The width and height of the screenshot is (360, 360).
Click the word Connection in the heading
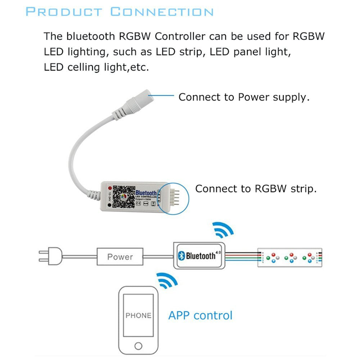pyautogui.click(x=162, y=12)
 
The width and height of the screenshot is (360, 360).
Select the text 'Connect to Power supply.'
pyautogui.click(x=244, y=97)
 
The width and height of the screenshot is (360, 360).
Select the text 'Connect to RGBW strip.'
pyautogui.click(x=256, y=189)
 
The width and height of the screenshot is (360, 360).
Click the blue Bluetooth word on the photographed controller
pyautogui.click(x=146, y=194)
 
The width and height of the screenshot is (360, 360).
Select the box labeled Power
pyautogui.click(x=120, y=257)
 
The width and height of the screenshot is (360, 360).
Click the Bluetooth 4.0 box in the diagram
pyautogui.click(x=200, y=256)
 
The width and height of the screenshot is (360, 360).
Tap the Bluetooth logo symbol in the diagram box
pyautogui.click(x=182, y=256)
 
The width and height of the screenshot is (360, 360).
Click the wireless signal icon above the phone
pyautogui.click(x=167, y=281)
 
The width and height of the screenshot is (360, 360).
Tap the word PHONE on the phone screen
pyautogui.click(x=138, y=316)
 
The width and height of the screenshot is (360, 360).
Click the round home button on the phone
pyautogui.click(x=138, y=346)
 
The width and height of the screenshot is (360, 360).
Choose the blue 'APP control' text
pyautogui.click(x=201, y=315)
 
